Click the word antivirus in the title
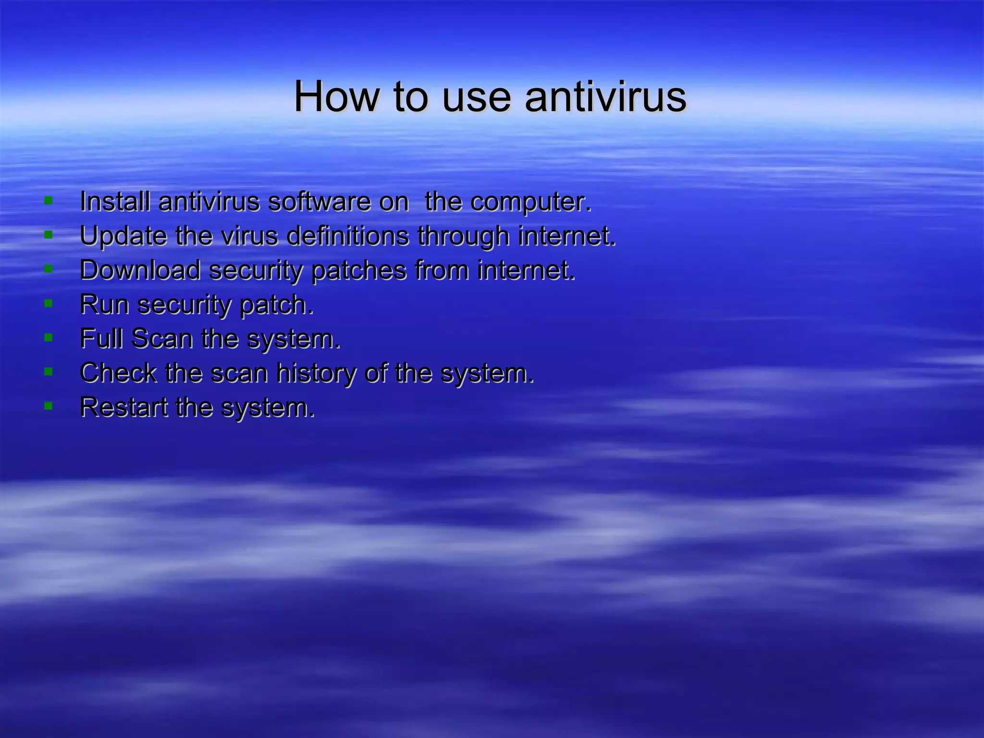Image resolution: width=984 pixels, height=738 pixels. [x=605, y=97]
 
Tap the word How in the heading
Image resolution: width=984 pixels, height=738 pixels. [x=336, y=97]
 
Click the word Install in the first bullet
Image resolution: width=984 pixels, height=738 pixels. [x=115, y=201]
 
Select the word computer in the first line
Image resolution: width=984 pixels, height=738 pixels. [x=530, y=202]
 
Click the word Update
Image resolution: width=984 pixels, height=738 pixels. [x=123, y=236]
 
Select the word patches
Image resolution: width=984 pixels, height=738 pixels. [x=358, y=271]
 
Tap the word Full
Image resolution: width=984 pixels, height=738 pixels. [x=101, y=339]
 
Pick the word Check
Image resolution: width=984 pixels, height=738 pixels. [x=118, y=373]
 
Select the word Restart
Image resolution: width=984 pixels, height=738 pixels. [x=123, y=407]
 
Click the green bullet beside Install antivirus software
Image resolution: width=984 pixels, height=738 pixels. [x=48, y=200]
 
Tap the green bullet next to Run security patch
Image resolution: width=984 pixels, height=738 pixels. [x=48, y=303]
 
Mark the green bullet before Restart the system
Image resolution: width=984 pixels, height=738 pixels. [x=48, y=406]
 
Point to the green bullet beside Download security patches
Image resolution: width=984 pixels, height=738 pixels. [x=48, y=269]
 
